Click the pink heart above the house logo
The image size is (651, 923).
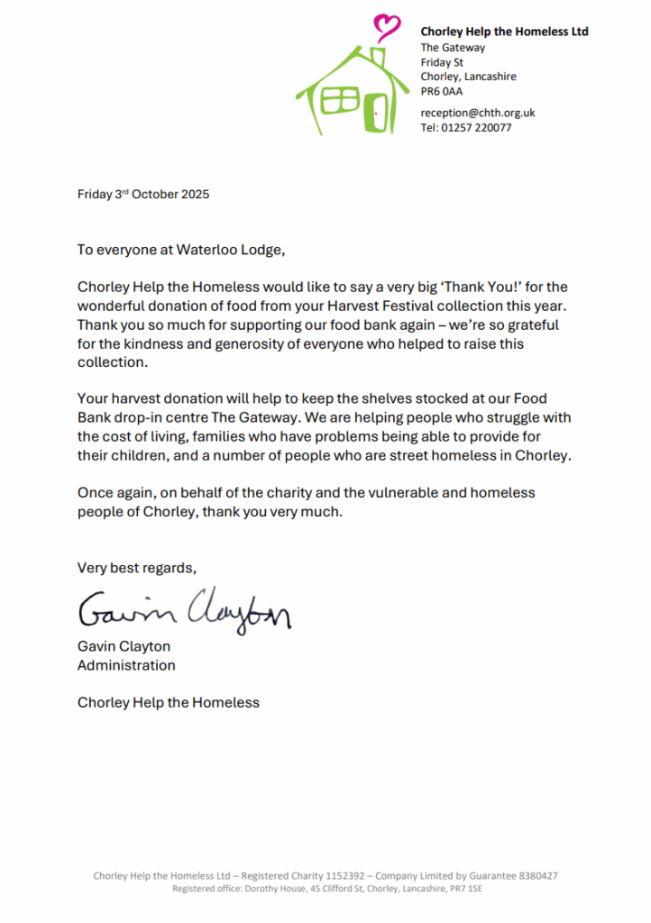(388, 24)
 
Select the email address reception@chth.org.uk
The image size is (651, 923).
(478, 113)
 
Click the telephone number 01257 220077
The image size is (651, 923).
(477, 128)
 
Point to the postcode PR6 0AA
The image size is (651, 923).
(442, 91)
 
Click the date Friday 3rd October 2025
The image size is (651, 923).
(143, 194)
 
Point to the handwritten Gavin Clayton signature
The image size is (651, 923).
(184, 613)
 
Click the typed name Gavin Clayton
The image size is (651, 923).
(124, 646)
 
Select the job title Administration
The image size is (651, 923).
(126, 665)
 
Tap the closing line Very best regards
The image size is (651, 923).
(136, 568)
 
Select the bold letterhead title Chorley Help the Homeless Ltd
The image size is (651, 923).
(504, 32)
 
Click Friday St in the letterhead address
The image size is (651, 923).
(442, 62)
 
